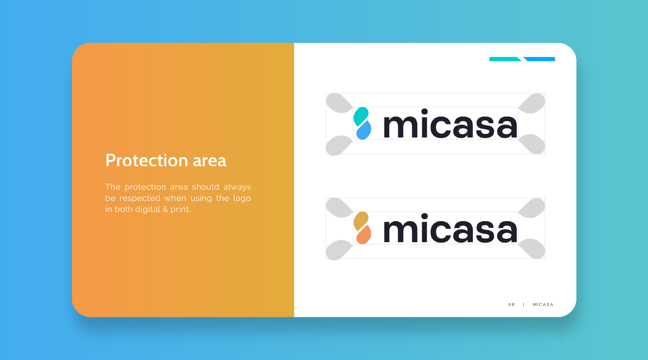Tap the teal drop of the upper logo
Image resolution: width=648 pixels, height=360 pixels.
pos(361,116)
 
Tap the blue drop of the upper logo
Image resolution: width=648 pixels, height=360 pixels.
pos(364,130)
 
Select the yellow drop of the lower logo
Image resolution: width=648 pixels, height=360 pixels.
pos(361,220)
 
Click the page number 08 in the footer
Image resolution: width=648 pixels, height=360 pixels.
pos(512,304)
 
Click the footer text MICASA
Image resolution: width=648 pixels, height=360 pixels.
pos(543,304)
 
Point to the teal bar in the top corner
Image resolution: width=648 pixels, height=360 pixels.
pos(505,59)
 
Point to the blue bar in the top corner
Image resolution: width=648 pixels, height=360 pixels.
pos(540,59)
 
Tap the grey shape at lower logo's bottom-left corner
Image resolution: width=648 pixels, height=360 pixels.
pos(339,249)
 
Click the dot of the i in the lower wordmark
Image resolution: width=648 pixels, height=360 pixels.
pos(425,216)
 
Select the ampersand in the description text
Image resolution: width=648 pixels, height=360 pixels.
pos(165,209)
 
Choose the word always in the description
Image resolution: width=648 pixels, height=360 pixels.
pos(237,187)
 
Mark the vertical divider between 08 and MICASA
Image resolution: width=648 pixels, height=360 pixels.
pos(524,304)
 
